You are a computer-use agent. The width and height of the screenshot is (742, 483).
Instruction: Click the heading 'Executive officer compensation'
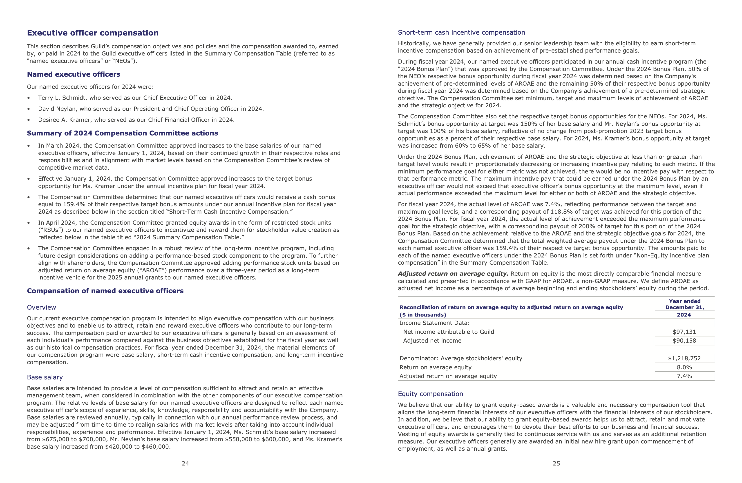click(x=93, y=33)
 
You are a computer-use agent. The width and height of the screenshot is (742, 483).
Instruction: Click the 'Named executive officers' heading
click(x=74, y=74)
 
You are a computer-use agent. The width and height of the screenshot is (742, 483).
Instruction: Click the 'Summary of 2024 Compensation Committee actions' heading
click(x=123, y=133)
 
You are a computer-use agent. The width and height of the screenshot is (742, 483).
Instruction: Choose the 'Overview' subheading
click(x=41, y=307)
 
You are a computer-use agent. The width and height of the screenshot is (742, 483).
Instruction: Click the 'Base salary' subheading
click(x=45, y=377)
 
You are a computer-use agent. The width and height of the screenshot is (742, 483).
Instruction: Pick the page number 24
click(x=185, y=463)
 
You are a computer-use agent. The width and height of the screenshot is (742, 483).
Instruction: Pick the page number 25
click(x=556, y=463)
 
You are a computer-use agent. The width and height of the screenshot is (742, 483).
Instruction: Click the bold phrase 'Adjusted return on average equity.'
click(x=453, y=274)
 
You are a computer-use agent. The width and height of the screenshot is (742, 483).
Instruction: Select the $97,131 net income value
click(x=684, y=332)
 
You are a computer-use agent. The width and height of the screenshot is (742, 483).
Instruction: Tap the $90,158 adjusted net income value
click(x=684, y=341)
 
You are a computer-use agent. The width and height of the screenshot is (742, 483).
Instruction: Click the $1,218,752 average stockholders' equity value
click(x=684, y=359)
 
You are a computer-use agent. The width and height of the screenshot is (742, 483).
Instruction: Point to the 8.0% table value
click(x=684, y=368)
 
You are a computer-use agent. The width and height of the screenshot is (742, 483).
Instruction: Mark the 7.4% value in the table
click(x=684, y=376)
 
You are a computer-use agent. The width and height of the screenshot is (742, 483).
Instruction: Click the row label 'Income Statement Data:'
click(x=434, y=323)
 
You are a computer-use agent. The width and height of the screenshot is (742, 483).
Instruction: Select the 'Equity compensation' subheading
click(x=430, y=394)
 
